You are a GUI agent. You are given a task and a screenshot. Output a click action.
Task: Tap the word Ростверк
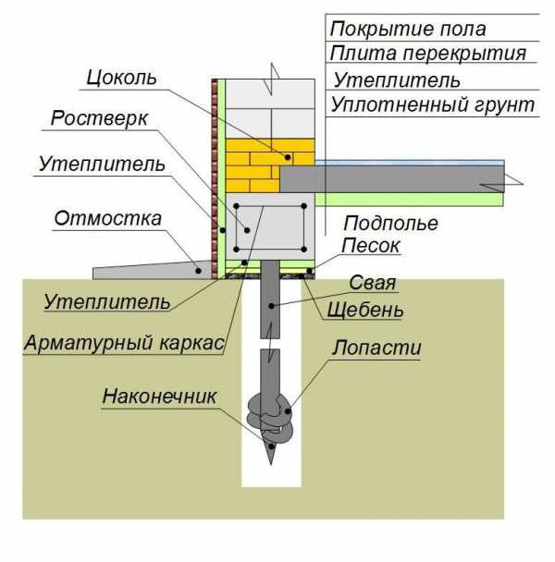click(99, 120)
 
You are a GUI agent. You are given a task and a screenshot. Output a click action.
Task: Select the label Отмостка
click(108, 219)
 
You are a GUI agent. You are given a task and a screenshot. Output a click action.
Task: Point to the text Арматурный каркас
click(125, 344)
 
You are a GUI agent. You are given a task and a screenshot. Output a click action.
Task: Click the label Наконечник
click(160, 397)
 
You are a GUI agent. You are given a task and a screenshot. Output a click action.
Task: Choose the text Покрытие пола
click(408, 29)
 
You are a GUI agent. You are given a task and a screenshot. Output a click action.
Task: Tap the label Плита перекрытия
click(427, 54)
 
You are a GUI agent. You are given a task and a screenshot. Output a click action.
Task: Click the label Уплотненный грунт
click(433, 105)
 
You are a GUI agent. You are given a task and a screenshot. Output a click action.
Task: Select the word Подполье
click(389, 224)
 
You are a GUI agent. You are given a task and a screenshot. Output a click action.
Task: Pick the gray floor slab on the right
click(407, 177)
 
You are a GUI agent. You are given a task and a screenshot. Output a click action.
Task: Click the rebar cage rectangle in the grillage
click(270, 227)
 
